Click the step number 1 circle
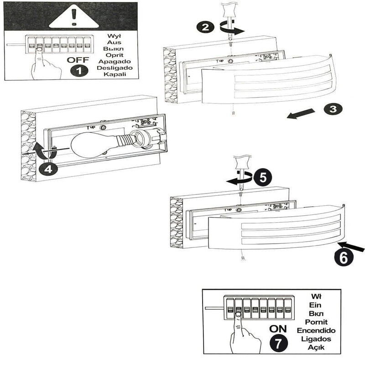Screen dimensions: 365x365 80,71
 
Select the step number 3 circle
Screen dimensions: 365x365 333,109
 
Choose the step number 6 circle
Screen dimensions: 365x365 344,257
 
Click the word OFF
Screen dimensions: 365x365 78,60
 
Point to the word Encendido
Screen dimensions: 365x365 316,330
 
